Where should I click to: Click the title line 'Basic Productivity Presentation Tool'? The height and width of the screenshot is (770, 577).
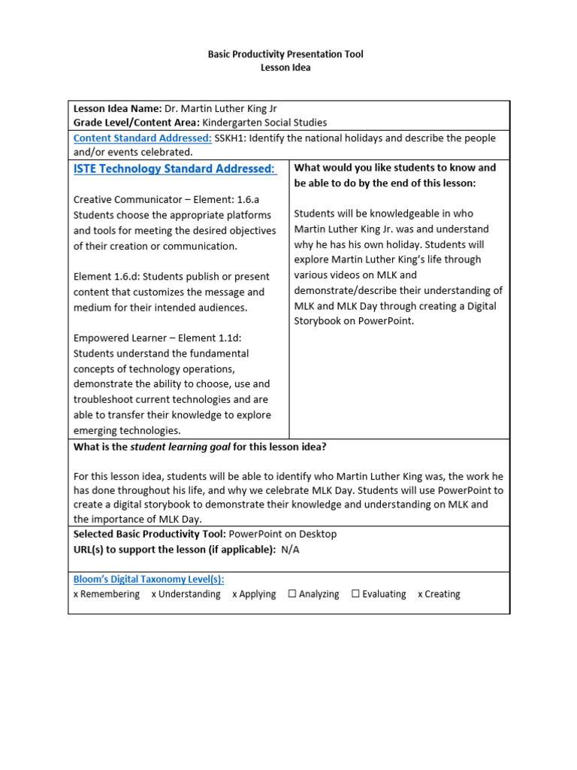coord(285,55)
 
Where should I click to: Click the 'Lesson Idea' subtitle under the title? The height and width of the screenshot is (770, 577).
coord(285,68)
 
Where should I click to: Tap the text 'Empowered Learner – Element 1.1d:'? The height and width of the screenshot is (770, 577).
coord(157,338)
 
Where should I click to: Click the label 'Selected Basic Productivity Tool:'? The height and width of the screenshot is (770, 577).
coord(150,534)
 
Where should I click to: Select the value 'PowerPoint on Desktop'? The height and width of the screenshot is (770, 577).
coord(283,534)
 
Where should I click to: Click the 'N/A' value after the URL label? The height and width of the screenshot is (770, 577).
coord(290,549)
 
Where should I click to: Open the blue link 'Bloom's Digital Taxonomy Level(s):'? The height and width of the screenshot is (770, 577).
coord(149,579)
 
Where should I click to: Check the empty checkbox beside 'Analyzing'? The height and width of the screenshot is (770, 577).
coord(292,594)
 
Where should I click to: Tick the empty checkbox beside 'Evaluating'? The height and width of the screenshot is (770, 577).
coord(355,594)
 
